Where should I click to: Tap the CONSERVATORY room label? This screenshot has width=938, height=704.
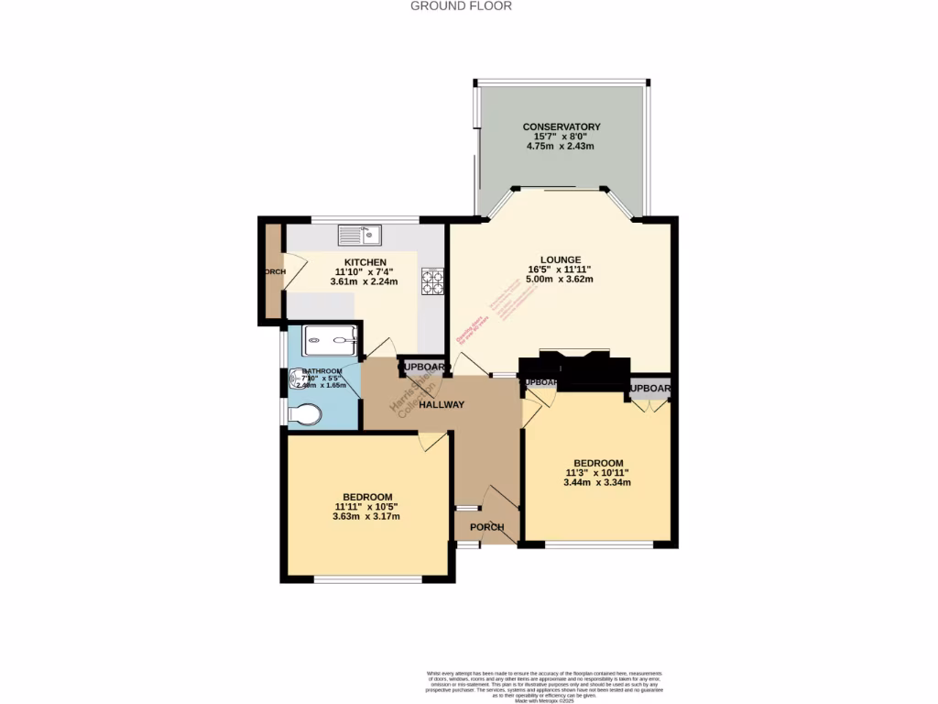point(561,126)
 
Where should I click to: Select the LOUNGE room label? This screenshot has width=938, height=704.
point(560,259)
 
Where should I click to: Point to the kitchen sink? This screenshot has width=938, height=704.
point(359,236)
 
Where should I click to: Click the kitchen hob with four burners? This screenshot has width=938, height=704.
point(432,280)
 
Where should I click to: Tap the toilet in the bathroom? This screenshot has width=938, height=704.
point(304,416)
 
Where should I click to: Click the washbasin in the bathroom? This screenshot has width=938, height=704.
point(299,377)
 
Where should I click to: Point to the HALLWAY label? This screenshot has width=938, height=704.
point(442,404)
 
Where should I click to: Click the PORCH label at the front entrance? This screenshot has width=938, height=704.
point(486,527)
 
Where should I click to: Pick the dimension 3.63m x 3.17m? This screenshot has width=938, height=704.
point(365,516)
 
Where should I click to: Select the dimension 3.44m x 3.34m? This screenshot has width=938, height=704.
point(598,482)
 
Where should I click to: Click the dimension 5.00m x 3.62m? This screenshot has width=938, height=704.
point(560,279)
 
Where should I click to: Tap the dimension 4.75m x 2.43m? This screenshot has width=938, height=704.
point(561,146)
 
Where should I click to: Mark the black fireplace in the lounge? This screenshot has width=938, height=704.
point(575,368)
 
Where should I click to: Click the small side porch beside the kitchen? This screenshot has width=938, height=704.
point(272,272)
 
